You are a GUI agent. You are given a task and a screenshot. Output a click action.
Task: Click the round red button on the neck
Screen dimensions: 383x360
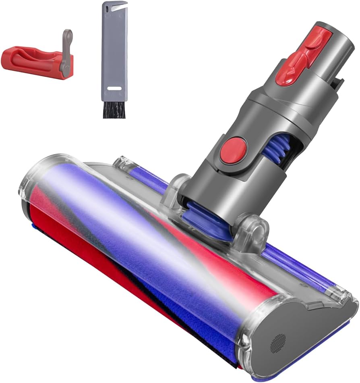[x=233, y=150]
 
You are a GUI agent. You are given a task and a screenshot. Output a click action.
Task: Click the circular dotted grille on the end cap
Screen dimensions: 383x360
[x=278, y=343]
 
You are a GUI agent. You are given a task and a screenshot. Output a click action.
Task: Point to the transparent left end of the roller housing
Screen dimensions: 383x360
[x=36, y=181]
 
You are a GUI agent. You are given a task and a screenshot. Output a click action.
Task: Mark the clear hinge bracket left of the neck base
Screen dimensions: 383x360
[x=177, y=187]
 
